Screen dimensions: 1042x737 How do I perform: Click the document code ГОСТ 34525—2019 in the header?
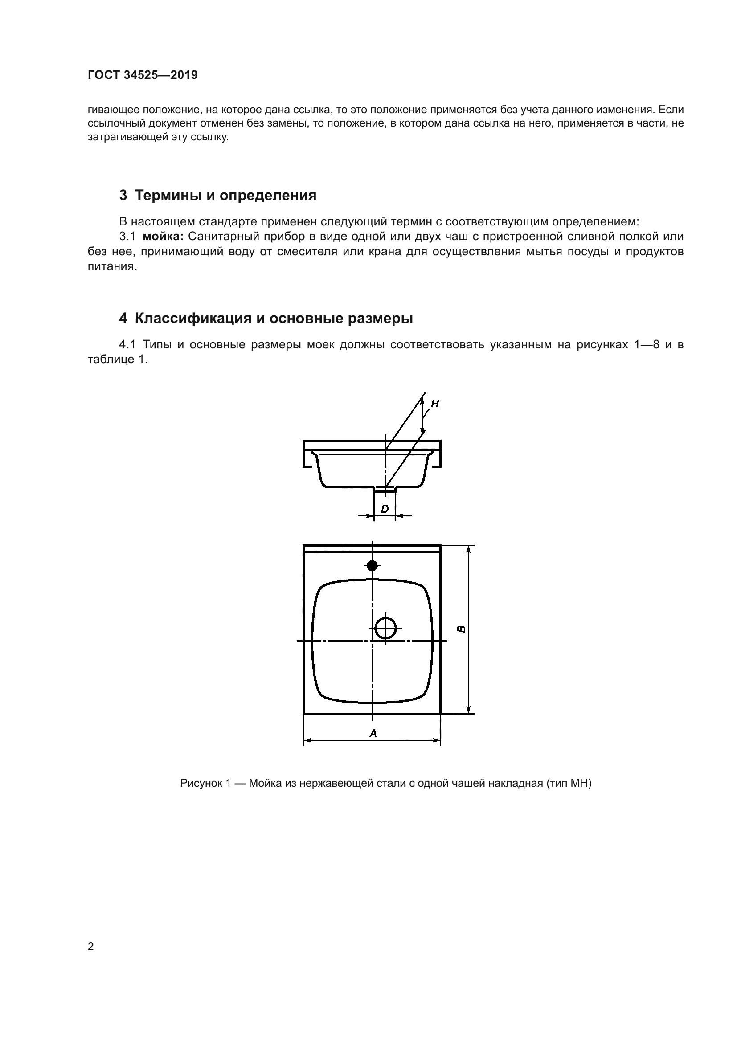pos(143,75)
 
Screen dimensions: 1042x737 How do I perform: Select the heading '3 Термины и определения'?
pos(217,196)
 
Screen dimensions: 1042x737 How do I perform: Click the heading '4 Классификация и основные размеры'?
pos(266,319)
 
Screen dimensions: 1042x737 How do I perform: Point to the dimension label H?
pos(435,403)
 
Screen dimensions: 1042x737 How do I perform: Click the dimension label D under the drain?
pos(385,509)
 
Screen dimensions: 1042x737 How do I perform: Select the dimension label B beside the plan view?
pos(461,629)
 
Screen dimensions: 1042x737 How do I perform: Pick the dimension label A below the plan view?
pos(373,733)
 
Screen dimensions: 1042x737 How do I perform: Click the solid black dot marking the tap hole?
pos(372,565)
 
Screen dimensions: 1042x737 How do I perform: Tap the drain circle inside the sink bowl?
pos(386,629)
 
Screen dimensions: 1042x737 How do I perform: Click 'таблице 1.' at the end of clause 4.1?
pos(118,360)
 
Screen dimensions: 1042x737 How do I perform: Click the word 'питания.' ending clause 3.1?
pos(112,266)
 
